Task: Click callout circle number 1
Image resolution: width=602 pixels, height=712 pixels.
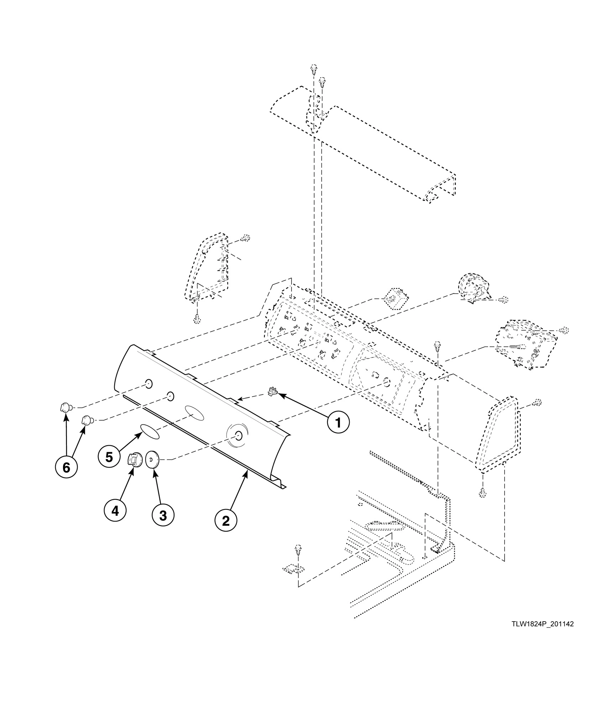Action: pos(338,422)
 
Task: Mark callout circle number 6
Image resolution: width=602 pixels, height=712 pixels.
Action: pos(67,467)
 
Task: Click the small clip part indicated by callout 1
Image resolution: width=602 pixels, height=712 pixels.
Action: pos(273,392)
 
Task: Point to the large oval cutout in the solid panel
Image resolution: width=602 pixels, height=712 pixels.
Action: pos(194,412)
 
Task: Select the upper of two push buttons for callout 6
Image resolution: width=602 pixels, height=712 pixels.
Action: pos(64,406)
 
